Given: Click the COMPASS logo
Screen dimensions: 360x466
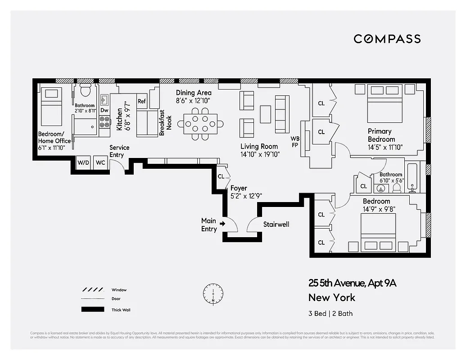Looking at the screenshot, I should (387, 39).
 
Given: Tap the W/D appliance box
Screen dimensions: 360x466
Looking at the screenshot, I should (83, 162).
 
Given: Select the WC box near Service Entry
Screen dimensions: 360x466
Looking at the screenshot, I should (100, 162).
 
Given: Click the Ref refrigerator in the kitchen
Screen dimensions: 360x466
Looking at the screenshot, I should (141, 101).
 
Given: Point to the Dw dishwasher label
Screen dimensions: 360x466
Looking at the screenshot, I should (104, 110).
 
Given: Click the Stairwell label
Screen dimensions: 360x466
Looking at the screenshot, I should (276, 224).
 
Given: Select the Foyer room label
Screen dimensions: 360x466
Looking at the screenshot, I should (239, 188).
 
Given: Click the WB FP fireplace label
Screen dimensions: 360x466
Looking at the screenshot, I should (295, 141).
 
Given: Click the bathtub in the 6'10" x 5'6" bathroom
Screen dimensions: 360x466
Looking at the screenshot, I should (412, 177).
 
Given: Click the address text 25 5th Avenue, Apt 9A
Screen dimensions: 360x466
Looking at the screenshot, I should (352, 283).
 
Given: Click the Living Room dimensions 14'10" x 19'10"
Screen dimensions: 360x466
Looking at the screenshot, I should (260, 154).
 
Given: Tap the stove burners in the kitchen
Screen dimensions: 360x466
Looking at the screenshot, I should (104, 121).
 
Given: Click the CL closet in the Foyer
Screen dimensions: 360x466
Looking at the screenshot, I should (221, 177).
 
